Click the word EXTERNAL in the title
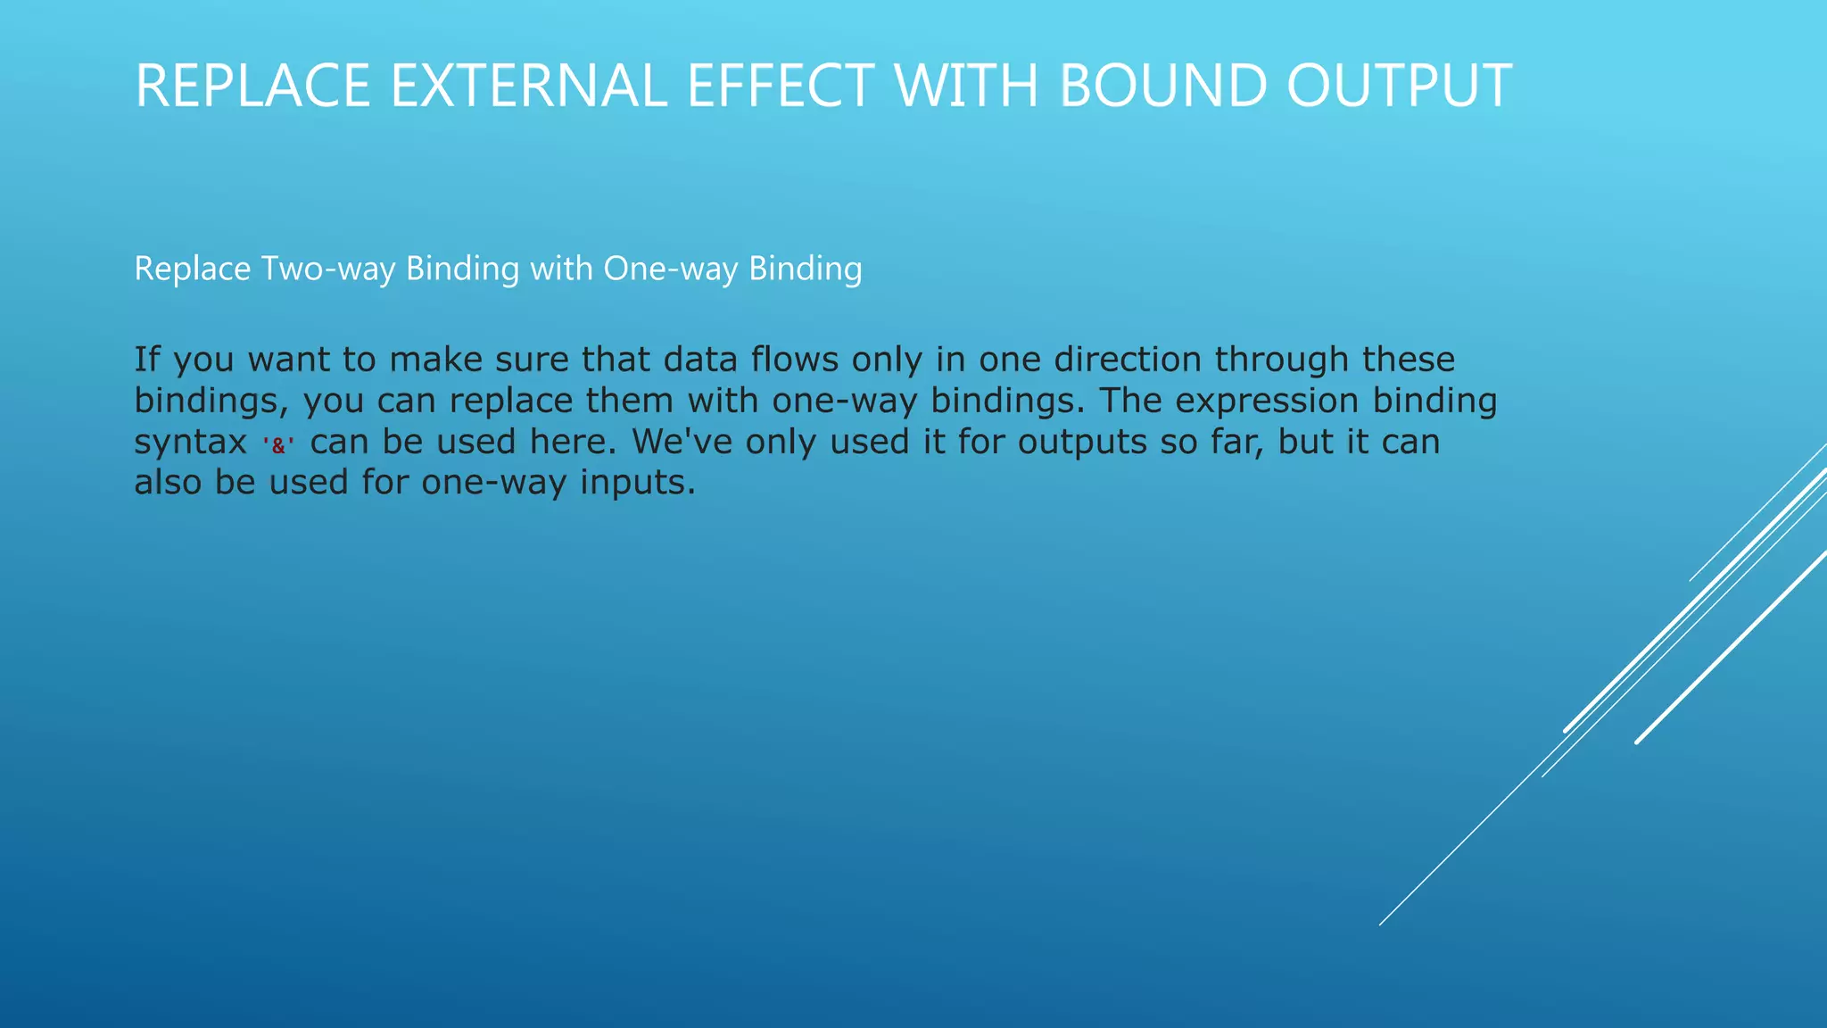[x=528, y=87]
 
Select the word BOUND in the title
[x=1162, y=87]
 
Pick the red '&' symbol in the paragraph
[x=278, y=444]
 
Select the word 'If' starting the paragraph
[x=146, y=360]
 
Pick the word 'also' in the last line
[x=167, y=483]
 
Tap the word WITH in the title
[x=966, y=87]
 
